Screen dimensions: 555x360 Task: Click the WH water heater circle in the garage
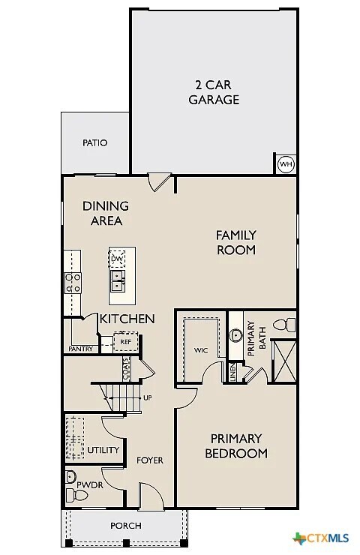click(285, 164)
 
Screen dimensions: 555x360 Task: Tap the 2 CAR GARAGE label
click(214, 91)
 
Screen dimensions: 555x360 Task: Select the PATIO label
click(94, 142)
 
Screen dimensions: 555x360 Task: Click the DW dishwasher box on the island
click(117, 259)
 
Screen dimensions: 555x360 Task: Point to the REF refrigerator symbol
click(124, 341)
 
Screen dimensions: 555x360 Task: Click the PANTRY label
click(80, 349)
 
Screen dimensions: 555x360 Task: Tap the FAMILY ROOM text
click(236, 242)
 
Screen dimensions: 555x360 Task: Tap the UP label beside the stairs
click(147, 397)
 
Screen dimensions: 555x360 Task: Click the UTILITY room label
click(103, 450)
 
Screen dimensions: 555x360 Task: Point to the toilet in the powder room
click(72, 477)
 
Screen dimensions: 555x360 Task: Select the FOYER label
click(149, 460)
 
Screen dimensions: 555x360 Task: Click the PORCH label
click(125, 526)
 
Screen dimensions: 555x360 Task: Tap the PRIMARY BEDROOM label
click(236, 445)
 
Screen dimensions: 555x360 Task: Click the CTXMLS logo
click(323, 538)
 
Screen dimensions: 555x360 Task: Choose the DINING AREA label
click(106, 213)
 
